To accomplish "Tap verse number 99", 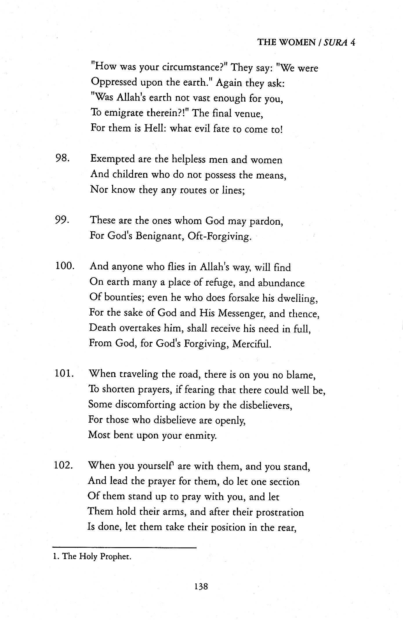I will [x=62, y=220].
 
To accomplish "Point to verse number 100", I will [x=65, y=266].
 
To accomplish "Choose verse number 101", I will [x=65, y=374].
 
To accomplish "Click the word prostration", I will [x=280, y=512].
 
